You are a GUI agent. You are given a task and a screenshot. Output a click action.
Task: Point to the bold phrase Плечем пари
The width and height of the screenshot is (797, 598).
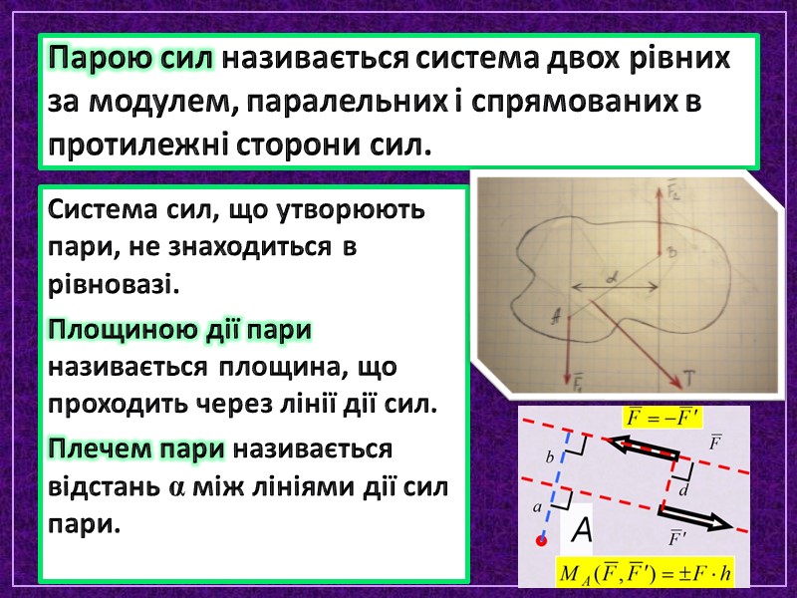137,448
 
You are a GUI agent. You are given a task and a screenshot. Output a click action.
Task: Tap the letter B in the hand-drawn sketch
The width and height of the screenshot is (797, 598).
671,255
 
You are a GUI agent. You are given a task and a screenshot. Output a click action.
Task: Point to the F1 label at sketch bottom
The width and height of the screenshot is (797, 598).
579,382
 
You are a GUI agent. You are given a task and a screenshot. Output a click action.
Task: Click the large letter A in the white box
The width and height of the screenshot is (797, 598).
581,530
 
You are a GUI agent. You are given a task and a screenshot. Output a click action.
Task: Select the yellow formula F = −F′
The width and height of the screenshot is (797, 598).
660,416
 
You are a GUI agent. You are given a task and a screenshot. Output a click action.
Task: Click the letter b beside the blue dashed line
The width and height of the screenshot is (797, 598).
549,457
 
